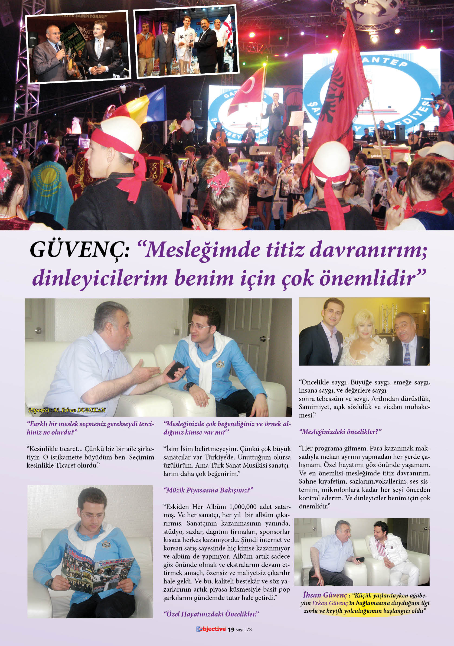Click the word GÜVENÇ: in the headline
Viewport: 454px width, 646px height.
pos(79,250)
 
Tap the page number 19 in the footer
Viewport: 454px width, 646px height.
pos(231,629)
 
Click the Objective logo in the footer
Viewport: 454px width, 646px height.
pos(211,629)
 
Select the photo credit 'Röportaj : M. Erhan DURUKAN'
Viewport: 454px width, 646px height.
pos(67,410)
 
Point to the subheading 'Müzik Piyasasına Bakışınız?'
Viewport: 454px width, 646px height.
pos(208,490)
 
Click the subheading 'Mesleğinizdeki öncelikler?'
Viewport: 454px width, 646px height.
pos(340,432)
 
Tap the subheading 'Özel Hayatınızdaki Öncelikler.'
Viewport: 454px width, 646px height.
pos(211,614)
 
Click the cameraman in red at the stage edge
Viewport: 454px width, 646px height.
pos(443,113)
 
